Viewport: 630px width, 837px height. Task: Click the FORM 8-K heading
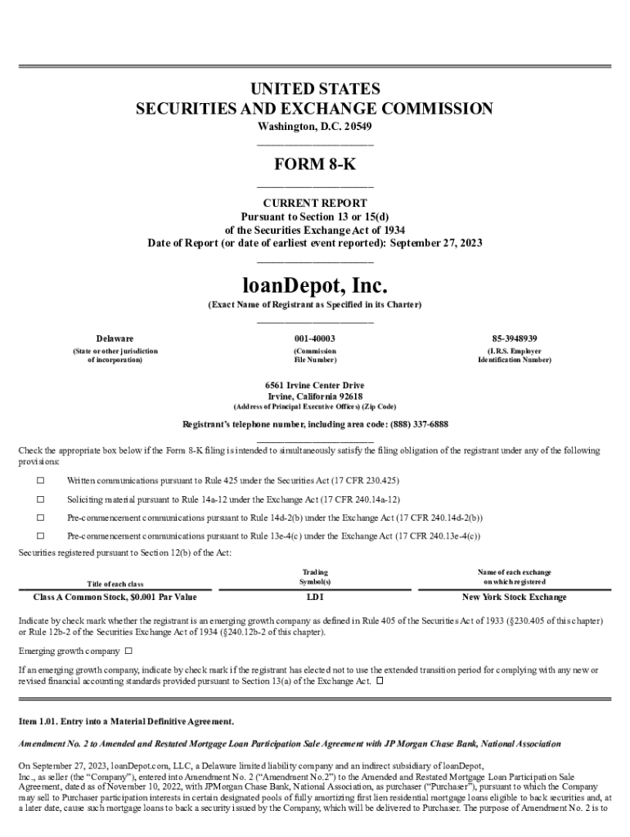[315, 164]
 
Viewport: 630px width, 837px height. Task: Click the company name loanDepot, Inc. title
[315, 287]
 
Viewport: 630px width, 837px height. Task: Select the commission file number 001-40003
[315, 338]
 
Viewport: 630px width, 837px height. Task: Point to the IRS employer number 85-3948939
[515, 338]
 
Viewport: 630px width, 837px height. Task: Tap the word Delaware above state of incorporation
[115, 338]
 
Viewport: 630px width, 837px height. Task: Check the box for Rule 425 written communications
[40, 480]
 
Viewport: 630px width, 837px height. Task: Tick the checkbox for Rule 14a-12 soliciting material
[40, 499]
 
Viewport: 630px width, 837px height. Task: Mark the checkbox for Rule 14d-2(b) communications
[40, 517]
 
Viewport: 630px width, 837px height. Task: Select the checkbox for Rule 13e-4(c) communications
[40, 536]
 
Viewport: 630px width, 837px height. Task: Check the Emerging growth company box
[128, 651]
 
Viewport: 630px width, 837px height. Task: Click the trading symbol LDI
[315, 598]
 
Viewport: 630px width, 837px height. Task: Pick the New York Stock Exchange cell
[514, 598]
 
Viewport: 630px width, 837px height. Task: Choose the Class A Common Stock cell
[115, 598]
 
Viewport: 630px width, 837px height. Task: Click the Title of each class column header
[115, 583]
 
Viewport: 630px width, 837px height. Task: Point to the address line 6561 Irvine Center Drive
[315, 385]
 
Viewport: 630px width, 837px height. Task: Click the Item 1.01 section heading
[126, 722]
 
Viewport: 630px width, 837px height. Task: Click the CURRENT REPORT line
[315, 203]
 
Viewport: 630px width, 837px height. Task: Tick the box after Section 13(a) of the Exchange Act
[380, 681]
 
